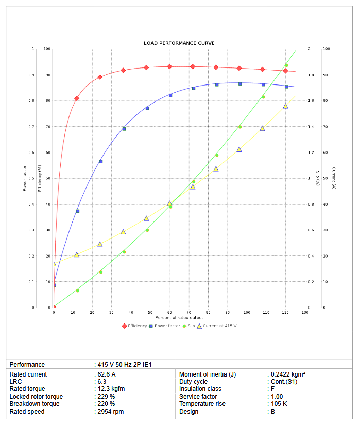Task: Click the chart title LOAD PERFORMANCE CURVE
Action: click(179, 43)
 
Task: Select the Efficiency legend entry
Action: click(137, 326)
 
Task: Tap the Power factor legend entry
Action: click(167, 326)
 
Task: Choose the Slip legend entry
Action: click(191, 326)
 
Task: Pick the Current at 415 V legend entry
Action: click(219, 326)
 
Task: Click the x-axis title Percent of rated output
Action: click(179, 318)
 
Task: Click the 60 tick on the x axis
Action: click(169, 313)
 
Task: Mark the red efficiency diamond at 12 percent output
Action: click(77, 98)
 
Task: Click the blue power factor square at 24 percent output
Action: click(100, 161)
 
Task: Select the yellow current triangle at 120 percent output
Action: click(285, 106)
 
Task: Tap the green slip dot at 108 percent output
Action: click(263, 97)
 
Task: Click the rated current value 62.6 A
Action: click(107, 374)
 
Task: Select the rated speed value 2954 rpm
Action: click(111, 412)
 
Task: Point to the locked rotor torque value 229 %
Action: click(106, 397)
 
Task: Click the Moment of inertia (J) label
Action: click(208, 374)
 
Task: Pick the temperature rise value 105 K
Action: click(279, 404)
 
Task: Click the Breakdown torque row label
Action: click(35, 404)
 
